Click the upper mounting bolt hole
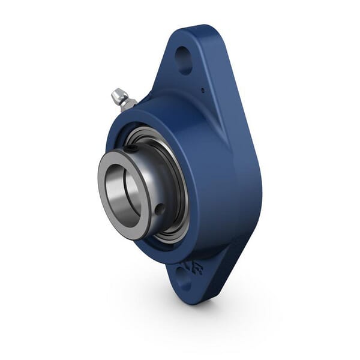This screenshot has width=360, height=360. click(x=184, y=59)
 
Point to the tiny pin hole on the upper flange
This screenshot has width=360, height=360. click(x=202, y=91)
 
